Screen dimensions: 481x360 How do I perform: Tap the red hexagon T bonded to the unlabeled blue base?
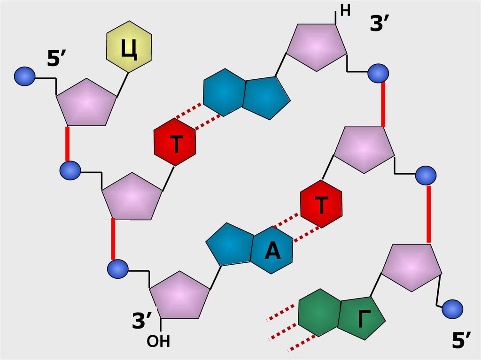coord(175,142)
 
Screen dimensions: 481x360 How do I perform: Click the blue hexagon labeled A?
coord(272,251)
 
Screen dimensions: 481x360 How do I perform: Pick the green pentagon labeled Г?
coord(363,318)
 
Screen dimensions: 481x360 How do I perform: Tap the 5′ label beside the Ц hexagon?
coord(58,61)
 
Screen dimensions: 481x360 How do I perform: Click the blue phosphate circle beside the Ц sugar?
coord(24,76)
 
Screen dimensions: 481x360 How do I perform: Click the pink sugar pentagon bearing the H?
coord(317,46)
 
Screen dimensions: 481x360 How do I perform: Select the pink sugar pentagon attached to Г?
coord(411,266)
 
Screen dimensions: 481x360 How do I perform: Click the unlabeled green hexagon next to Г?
coord(318,312)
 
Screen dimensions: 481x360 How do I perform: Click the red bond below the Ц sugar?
coord(68,144)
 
